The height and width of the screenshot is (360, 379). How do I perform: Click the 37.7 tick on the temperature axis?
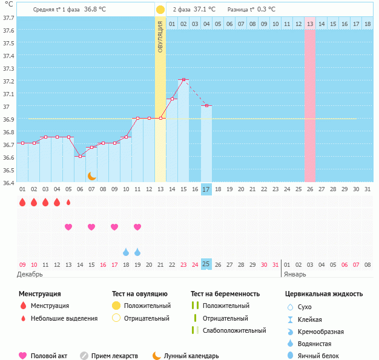[8, 18]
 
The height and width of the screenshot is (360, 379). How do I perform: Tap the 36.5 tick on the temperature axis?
[8, 170]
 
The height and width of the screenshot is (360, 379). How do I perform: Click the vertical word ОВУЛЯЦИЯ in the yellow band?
[160, 36]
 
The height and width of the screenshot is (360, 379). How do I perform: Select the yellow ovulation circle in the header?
[160, 10]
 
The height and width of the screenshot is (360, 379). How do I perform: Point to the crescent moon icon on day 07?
[91, 175]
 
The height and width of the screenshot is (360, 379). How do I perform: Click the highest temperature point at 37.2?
[183, 79]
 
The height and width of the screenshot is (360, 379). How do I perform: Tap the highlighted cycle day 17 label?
[206, 189]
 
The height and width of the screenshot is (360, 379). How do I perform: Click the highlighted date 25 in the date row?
[206, 264]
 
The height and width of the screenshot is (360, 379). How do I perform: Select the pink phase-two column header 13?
[310, 24]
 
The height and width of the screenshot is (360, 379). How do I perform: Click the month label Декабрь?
[30, 274]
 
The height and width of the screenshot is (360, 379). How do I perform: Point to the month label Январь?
[295, 274]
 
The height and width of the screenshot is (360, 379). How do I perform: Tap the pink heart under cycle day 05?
[68, 227]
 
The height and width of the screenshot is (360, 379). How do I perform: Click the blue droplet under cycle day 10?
[126, 252]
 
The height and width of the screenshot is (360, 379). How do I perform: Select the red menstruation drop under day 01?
[22, 202]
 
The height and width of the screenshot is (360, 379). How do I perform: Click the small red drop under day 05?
[68, 202]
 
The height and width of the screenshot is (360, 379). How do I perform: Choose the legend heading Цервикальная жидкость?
[324, 294]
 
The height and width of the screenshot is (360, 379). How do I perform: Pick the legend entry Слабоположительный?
[234, 330]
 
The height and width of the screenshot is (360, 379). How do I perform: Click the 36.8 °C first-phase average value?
[94, 10]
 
